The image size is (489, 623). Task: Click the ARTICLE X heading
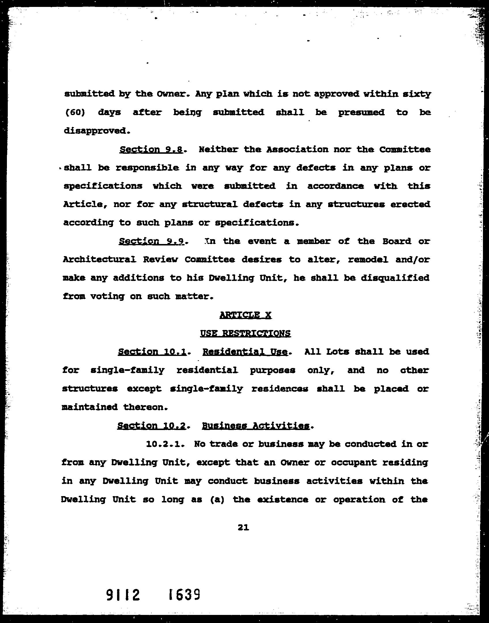coord(245,315)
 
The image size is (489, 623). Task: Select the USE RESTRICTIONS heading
coord(245,333)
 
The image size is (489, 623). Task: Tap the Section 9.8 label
coord(151,149)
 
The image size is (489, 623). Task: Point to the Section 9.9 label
coord(151,241)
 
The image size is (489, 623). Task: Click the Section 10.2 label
coord(151,426)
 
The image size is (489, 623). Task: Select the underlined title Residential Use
coord(245,352)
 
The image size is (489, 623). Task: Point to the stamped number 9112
coord(123,595)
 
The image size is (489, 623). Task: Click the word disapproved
coord(95,131)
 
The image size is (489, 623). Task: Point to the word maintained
coord(90,407)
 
